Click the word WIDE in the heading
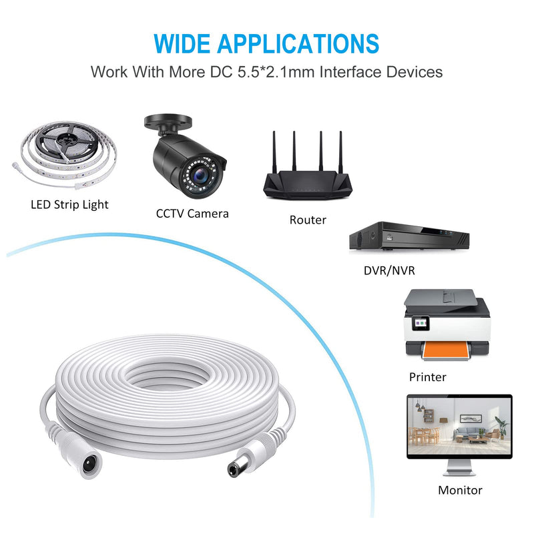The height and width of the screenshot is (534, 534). pyautogui.click(x=182, y=43)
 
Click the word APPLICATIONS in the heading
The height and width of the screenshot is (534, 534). pyautogui.click(x=298, y=43)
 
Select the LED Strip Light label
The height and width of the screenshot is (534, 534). pyautogui.click(x=69, y=205)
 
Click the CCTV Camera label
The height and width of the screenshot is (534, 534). pyautogui.click(x=192, y=214)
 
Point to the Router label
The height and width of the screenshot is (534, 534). pyautogui.click(x=308, y=220)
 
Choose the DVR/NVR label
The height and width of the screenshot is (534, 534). pyautogui.click(x=389, y=270)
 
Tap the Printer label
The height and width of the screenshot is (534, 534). pyautogui.click(x=427, y=377)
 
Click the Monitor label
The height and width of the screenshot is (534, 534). pyautogui.click(x=460, y=490)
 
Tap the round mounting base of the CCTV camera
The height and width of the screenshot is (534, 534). pyautogui.click(x=168, y=122)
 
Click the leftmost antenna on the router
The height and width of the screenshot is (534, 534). pyautogui.click(x=274, y=152)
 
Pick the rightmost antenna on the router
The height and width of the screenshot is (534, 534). pyautogui.click(x=340, y=152)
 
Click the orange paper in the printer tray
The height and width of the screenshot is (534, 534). pyautogui.click(x=445, y=350)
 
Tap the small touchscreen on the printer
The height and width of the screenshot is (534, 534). pyautogui.click(x=420, y=322)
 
